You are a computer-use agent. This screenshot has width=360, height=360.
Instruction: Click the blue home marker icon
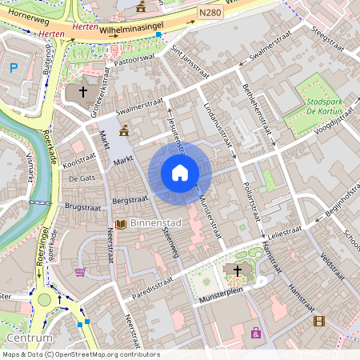click(x=180, y=172)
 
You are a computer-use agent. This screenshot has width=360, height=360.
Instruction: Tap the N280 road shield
click(x=210, y=13)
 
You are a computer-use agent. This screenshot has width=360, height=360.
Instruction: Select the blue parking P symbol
click(x=13, y=68)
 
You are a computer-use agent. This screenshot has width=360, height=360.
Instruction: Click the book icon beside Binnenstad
click(x=120, y=224)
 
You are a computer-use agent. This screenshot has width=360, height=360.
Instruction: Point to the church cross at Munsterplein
click(x=237, y=271)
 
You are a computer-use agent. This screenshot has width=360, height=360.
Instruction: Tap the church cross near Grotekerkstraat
click(x=82, y=92)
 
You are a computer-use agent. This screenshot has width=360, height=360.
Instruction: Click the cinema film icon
click(x=319, y=321)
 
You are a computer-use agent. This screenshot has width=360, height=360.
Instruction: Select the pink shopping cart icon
click(x=80, y=272)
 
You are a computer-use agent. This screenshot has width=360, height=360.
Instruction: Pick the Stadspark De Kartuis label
click(x=328, y=107)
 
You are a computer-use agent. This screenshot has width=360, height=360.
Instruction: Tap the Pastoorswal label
click(x=134, y=59)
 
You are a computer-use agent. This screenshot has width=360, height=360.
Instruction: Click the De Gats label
click(x=82, y=178)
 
